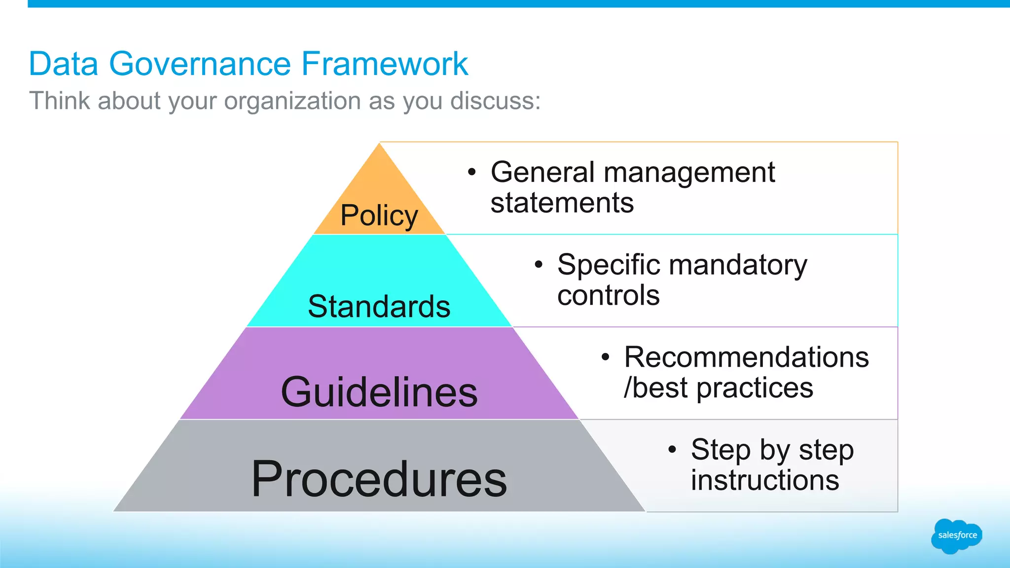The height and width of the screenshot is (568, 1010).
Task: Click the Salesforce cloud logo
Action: (x=956, y=536)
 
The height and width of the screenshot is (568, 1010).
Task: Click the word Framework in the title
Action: (x=384, y=64)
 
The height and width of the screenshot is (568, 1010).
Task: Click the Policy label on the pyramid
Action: (x=379, y=216)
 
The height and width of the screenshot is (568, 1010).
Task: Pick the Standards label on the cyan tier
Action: (x=379, y=307)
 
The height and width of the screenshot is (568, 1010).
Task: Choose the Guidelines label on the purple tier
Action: (x=379, y=392)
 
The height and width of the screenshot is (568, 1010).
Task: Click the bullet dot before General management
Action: (x=472, y=172)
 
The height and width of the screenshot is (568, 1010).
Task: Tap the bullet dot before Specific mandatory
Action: (x=539, y=265)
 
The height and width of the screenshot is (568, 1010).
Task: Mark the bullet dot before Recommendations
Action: (x=606, y=357)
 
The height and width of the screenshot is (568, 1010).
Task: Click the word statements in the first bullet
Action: (x=562, y=203)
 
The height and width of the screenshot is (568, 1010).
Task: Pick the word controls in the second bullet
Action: (x=608, y=295)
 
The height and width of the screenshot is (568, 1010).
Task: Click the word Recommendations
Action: (x=746, y=357)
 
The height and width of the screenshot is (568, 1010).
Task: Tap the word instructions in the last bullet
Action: (x=764, y=480)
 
